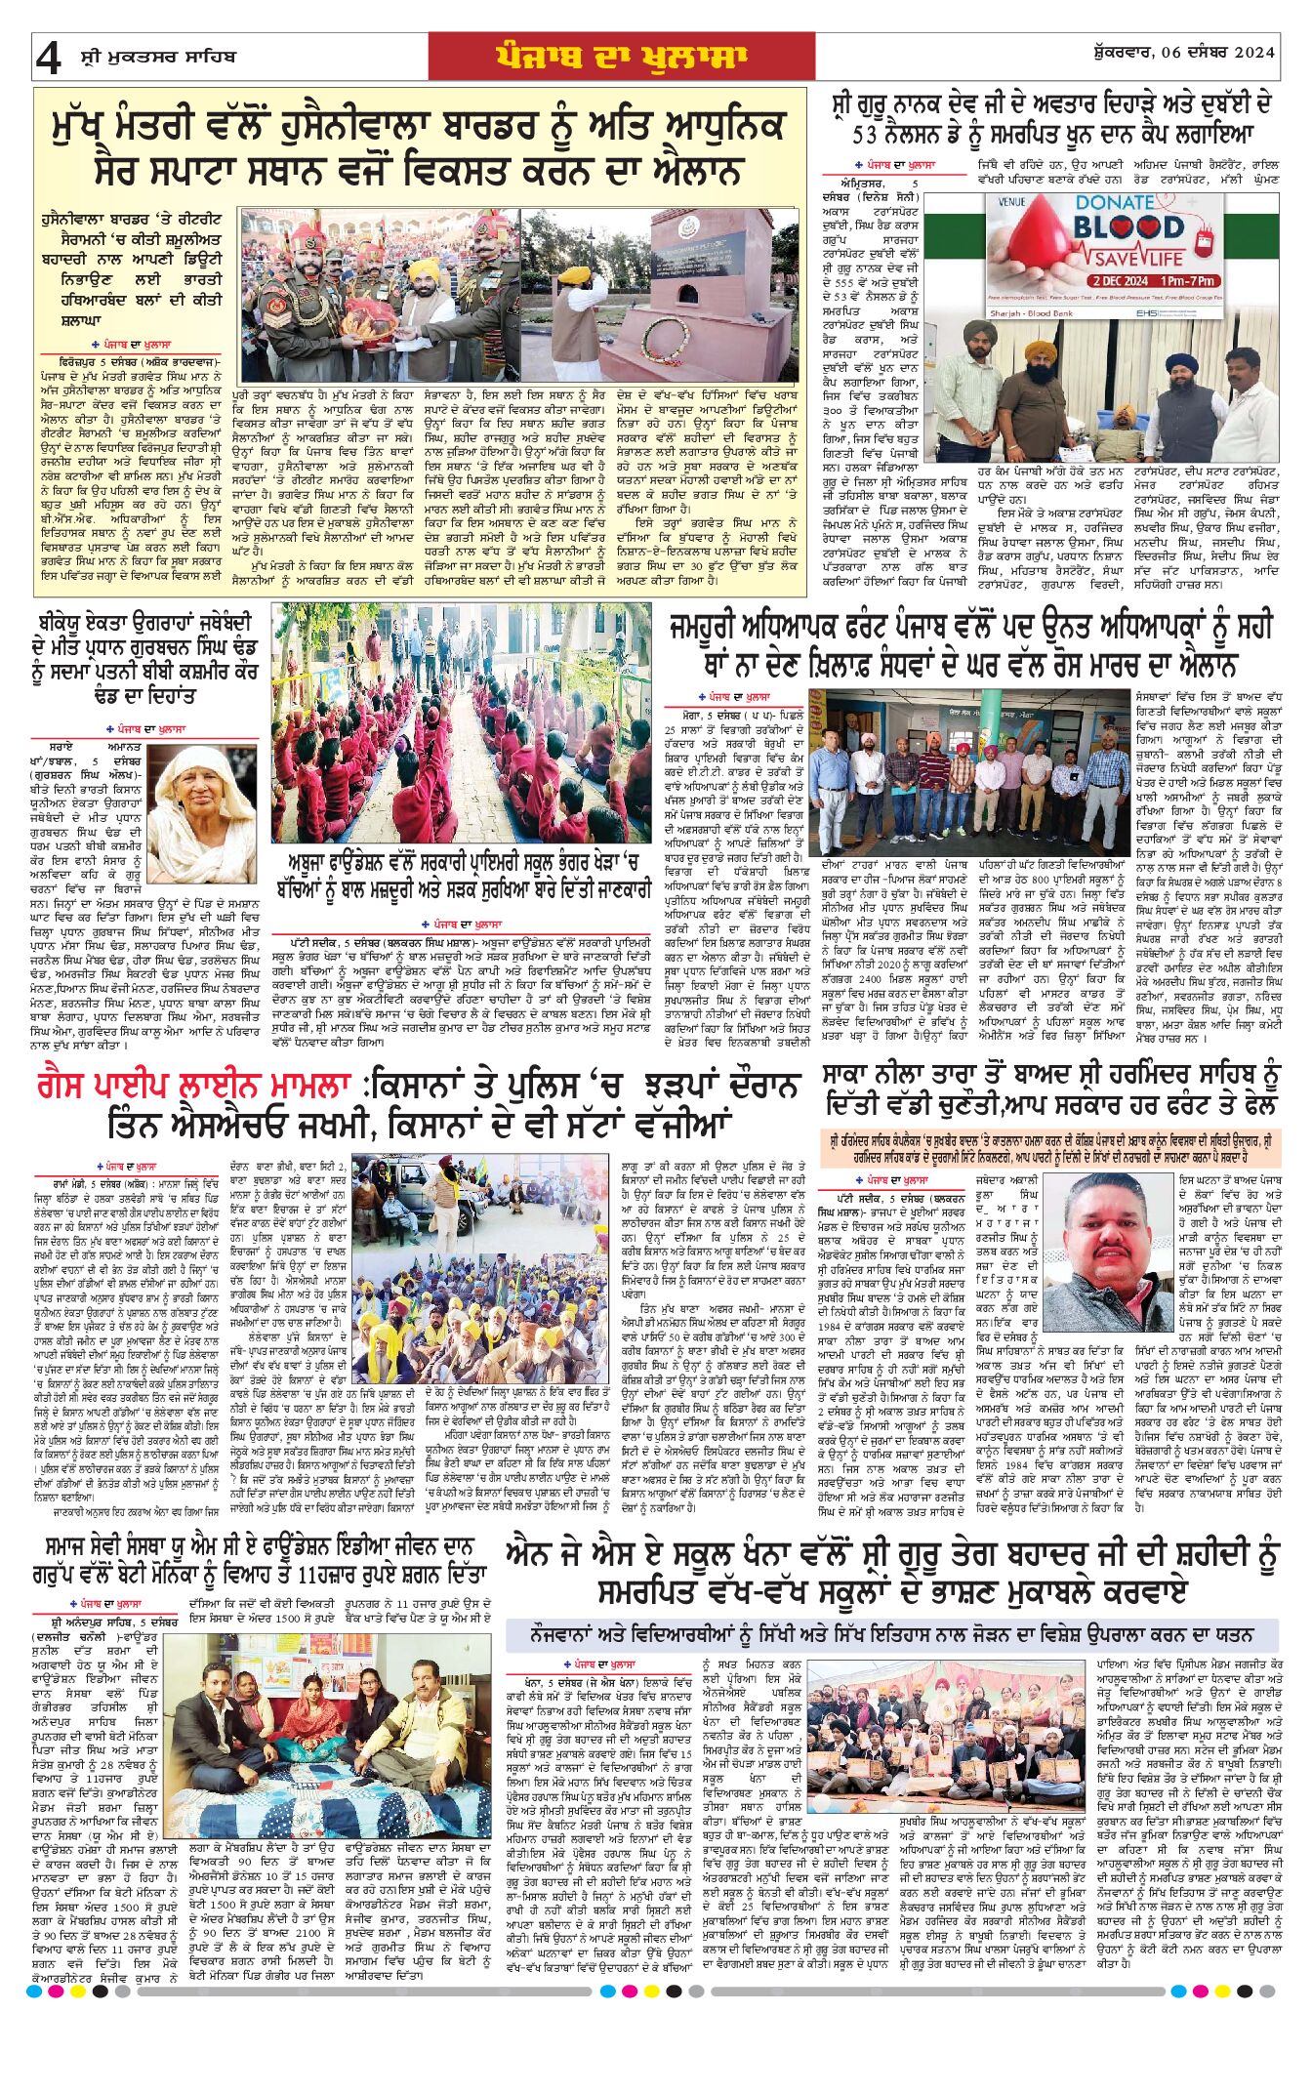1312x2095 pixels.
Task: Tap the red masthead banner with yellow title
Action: coord(621,57)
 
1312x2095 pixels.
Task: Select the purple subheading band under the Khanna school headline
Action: coord(891,1632)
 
